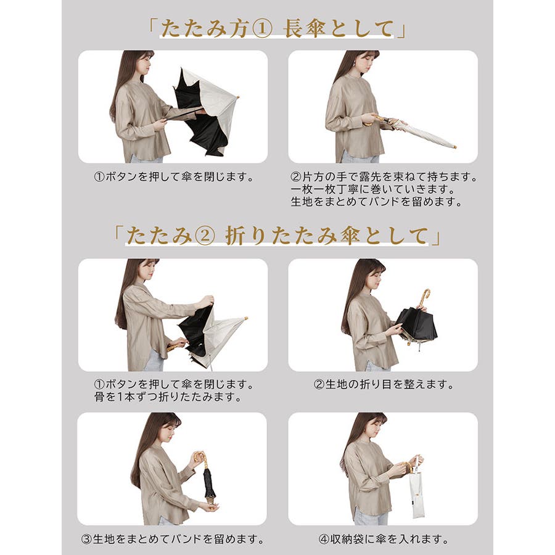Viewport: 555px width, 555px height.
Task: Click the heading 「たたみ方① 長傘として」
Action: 277,28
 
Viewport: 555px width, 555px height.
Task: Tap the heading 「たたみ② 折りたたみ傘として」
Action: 277,236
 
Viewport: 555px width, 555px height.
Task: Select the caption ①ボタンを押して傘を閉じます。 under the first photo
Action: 174,176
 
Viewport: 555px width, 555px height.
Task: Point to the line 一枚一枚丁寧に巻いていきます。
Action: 372,189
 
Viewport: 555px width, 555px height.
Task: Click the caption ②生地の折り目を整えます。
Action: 384,384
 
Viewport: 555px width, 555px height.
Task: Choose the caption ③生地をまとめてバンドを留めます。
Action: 173,539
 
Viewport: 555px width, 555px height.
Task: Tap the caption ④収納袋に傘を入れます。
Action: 384,539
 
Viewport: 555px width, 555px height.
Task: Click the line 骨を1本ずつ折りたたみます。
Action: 168,397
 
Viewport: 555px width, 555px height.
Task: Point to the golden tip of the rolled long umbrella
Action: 452,146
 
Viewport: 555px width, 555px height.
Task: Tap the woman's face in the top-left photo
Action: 146,64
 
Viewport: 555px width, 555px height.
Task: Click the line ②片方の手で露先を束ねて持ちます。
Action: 384,176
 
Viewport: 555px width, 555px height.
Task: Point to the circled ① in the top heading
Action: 262,29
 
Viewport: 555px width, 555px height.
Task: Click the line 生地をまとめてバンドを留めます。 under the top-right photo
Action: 377,202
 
